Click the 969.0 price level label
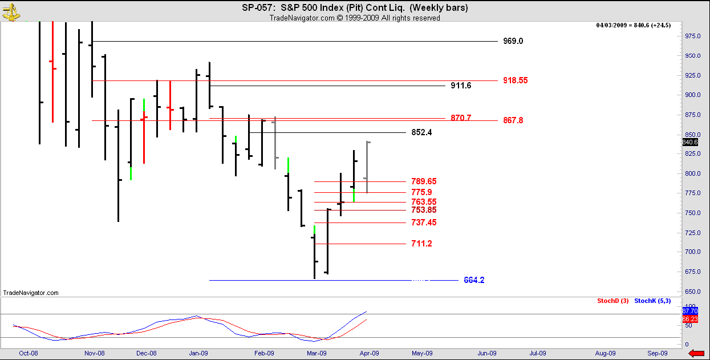click(513, 41)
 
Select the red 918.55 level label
click(515, 80)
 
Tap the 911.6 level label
click(461, 86)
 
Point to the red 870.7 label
click(461, 118)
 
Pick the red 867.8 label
click(513, 120)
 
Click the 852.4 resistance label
click(421, 132)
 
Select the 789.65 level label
click(424, 181)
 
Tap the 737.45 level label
click(424, 223)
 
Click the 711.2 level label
click(421, 244)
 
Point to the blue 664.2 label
click(474, 280)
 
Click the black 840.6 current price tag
click(690, 142)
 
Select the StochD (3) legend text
click(612, 301)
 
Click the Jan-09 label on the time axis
click(198, 353)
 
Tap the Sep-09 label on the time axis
click(658, 353)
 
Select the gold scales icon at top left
click(10, 12)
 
